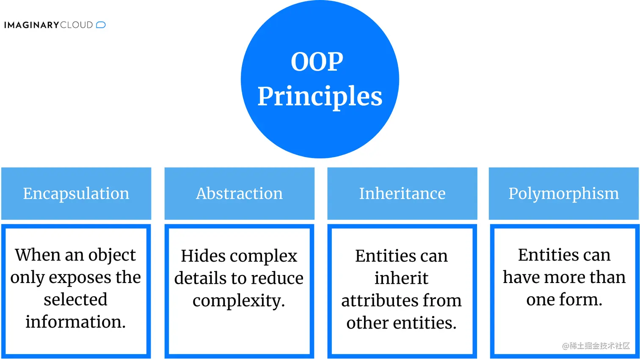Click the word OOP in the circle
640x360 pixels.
click(x=317, y=62)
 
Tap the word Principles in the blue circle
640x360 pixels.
click(x=320, y=96)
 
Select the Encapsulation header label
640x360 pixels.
click(x=76, y=193)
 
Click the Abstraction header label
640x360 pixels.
click(x=239, y=193)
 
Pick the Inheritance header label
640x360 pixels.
click(x=402, y=193)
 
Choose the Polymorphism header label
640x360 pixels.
click(x=563, y=193)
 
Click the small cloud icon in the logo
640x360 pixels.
click(x=101, y=25)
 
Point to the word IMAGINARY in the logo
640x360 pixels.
click(x=31, y=25)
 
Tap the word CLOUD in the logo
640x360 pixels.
click(x=77, y=25)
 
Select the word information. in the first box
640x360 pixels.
click(x=75, y=322)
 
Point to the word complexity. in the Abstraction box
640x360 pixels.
click(x=239, y=301)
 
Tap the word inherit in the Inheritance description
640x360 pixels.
click(x=401, y=278)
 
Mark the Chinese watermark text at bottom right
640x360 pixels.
click(x=596, y=346)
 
